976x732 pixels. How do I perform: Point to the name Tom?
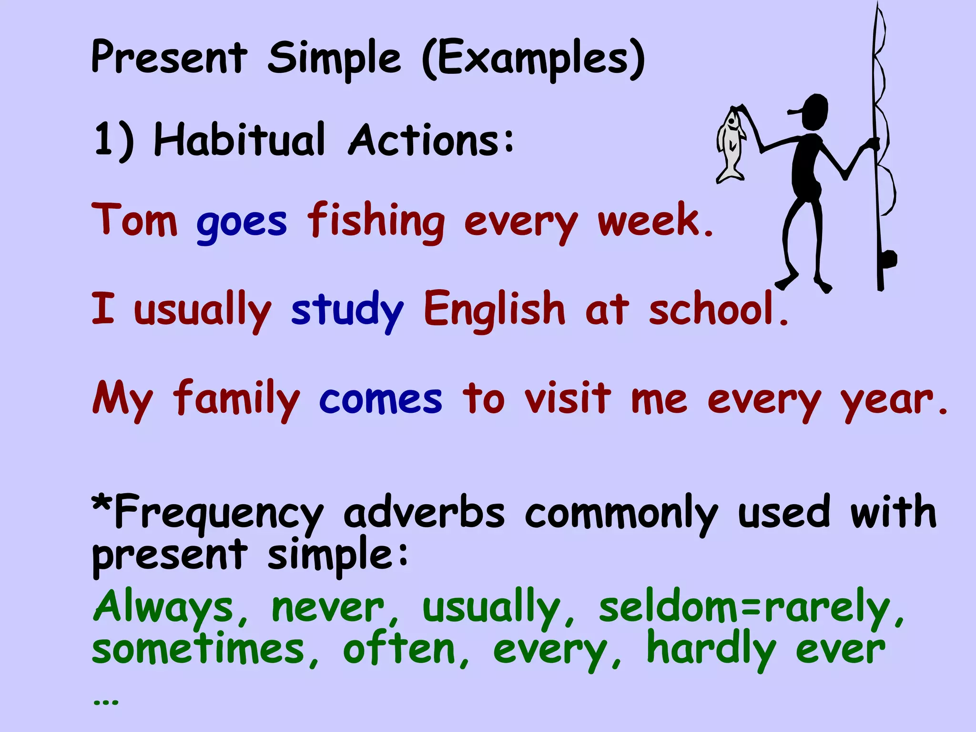pos(134,220)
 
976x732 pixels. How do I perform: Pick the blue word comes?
pos(380,399)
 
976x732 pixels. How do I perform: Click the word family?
pos(236,399)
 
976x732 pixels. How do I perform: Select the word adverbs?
pos(424,513)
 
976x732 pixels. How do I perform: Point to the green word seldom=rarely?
pos(743,607)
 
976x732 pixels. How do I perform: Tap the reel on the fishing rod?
pos(888,260)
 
